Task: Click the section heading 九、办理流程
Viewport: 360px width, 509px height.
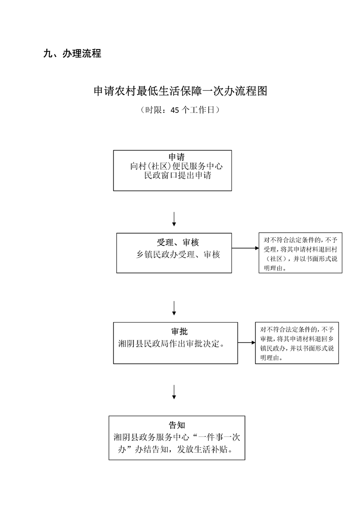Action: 72,54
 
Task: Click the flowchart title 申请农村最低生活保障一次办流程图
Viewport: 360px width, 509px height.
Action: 180,91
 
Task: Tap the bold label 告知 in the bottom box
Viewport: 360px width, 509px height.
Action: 177,425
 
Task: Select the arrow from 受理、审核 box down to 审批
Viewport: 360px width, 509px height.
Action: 174,308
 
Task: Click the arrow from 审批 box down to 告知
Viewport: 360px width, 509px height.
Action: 174,392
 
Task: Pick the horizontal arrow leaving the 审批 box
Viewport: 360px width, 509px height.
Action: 246,343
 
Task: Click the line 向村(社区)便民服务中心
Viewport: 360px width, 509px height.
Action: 176,166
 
